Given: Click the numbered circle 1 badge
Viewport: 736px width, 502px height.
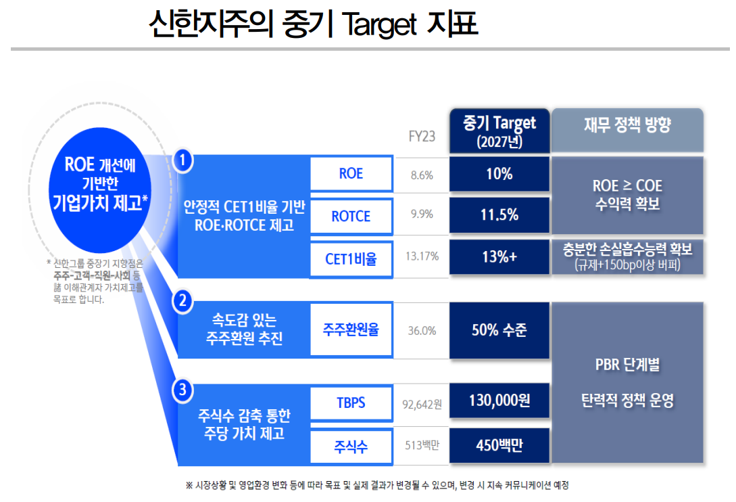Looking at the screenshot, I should click(x=183, y=160).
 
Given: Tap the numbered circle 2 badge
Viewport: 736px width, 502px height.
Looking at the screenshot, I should click(x=183, y=302).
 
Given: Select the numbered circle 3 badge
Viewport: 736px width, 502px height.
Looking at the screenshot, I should click(x=183, y=390).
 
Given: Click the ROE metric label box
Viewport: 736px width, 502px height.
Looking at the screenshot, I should click(x=351, y=174).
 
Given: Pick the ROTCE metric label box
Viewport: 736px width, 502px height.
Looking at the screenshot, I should click(x=351, y=216).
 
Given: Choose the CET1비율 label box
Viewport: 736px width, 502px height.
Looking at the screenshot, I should click(x=351, y=259).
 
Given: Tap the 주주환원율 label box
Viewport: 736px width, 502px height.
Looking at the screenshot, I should click(x=351, y=331).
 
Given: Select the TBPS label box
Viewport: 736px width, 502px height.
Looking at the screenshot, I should click(x=351, y=403).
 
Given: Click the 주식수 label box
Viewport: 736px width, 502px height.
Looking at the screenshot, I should click(x=351, y=446).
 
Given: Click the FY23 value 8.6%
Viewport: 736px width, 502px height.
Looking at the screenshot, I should click(x=422, y=175).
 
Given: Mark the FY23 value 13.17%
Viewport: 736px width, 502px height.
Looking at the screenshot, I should click(x=422, y=256).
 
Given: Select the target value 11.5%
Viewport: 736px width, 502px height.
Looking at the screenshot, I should click(x=499, y=215).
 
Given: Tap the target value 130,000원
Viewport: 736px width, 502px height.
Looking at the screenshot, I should click(x=499, y=401).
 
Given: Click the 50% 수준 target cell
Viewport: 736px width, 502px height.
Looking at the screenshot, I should click(x=499, y=330).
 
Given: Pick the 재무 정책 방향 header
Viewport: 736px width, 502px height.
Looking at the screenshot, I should click(x=627, y=127).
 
